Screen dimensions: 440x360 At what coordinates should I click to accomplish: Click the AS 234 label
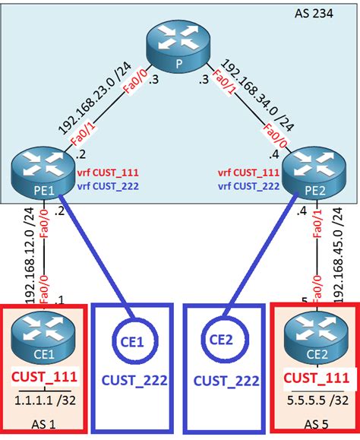[319, 14]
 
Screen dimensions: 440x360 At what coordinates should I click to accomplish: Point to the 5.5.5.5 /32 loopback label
[313, 397]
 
